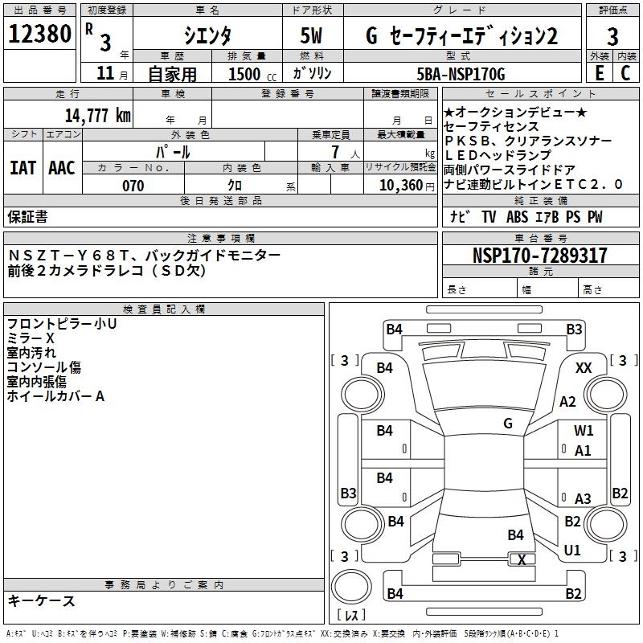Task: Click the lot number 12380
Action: (39, 35)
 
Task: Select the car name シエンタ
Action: (206, 36)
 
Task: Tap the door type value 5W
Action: (313, 36)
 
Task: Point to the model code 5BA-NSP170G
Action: (461, 74)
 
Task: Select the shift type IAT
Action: (23, 168)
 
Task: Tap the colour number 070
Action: (133, 186)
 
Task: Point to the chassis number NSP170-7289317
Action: (540, 256)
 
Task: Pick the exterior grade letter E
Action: (599, 74)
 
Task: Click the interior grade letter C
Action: (625, 74)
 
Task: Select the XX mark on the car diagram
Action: (584, 367)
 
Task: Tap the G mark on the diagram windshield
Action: (508, 424)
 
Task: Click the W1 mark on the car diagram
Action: (584, 431)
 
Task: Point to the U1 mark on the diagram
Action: (572, 551)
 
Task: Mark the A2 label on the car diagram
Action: (568, 402)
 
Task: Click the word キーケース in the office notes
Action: (42, 600)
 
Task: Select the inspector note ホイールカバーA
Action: (55, 396)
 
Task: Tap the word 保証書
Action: (27, 217)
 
